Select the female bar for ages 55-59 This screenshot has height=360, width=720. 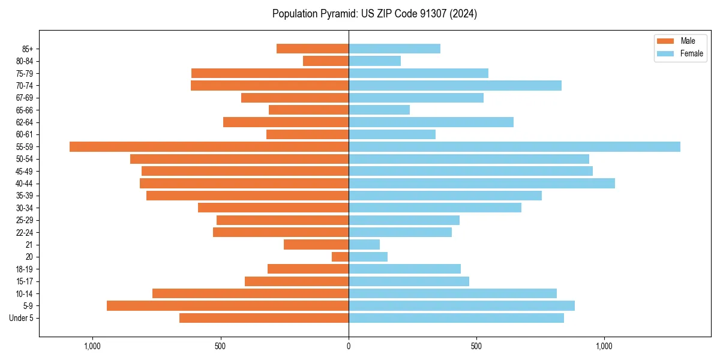[514, 146]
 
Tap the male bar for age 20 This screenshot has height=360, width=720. [340, 257]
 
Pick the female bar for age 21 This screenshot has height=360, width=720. [364, 245]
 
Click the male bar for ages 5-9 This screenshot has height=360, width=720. [227, 305]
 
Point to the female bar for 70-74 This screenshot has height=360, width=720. [455, 85]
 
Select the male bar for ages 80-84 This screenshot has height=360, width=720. [326, 61]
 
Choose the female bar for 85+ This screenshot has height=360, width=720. [394, 49]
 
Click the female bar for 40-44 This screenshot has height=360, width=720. [482, 183]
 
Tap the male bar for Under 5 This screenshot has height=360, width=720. [264, 318]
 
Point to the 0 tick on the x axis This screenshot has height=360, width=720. [349, 347]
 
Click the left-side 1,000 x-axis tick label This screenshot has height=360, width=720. [92, 347]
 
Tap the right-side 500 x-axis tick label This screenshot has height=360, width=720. [476, 347]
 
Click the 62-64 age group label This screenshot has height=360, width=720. [24, 122]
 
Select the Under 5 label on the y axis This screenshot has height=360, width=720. [22, 318]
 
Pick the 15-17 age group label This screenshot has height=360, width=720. [24, 281]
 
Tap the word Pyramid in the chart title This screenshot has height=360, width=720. [335, 14]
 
